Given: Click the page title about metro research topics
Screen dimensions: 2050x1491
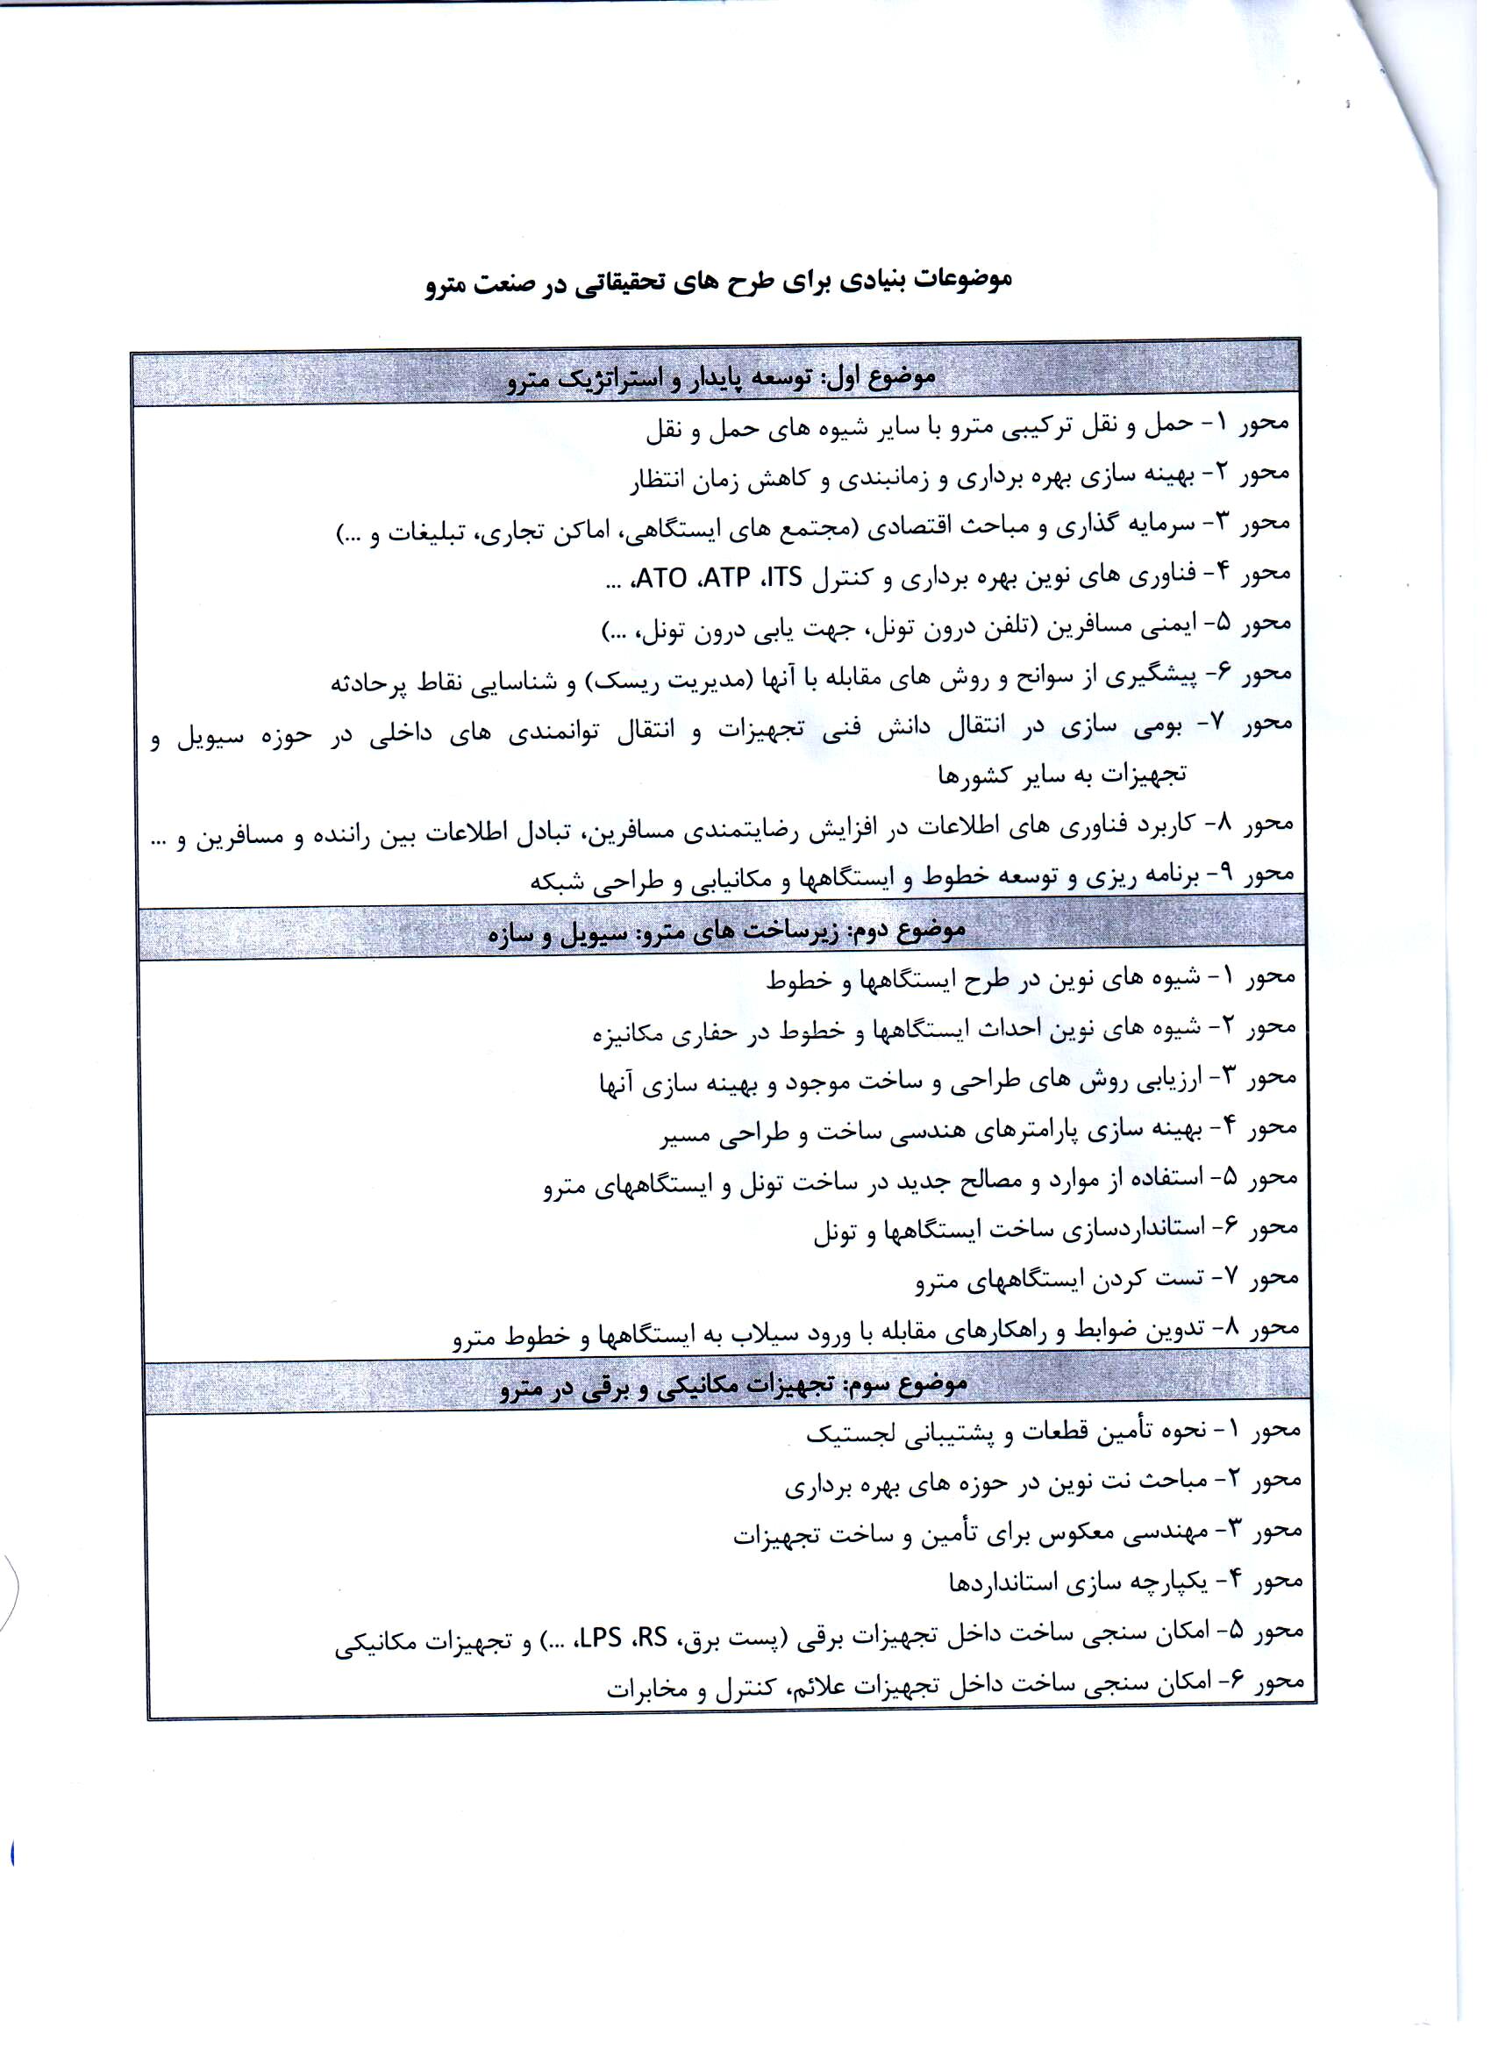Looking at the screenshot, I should point(718,281).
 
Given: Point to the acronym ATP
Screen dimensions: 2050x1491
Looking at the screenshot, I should point(726,577).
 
